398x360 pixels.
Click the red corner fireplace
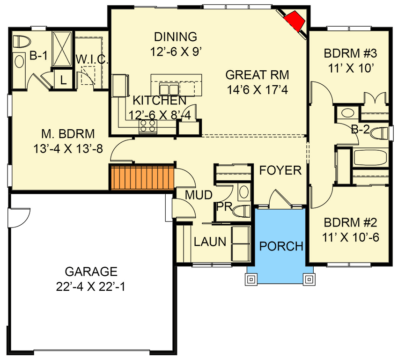pos(295,21)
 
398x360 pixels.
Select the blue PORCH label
pos(281,246)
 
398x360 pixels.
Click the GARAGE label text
pos(91,272)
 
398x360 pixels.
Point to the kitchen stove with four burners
pos(147,126)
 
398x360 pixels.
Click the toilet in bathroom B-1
pos(22,42)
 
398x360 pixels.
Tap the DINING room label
pos(176,37)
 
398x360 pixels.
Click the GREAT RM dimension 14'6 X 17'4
pos(258,90)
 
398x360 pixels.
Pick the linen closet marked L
pos(63,80)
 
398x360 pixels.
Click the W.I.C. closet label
pos(92,59)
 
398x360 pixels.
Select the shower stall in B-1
pos(62,49)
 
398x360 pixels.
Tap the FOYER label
pos(280,170)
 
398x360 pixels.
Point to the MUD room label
pos(199,195)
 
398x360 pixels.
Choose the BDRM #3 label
pos(350,53)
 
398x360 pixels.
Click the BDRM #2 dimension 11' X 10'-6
pos(351,238)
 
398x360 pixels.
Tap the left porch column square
pos(251,279)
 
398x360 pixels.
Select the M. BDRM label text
pos(68,134)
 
